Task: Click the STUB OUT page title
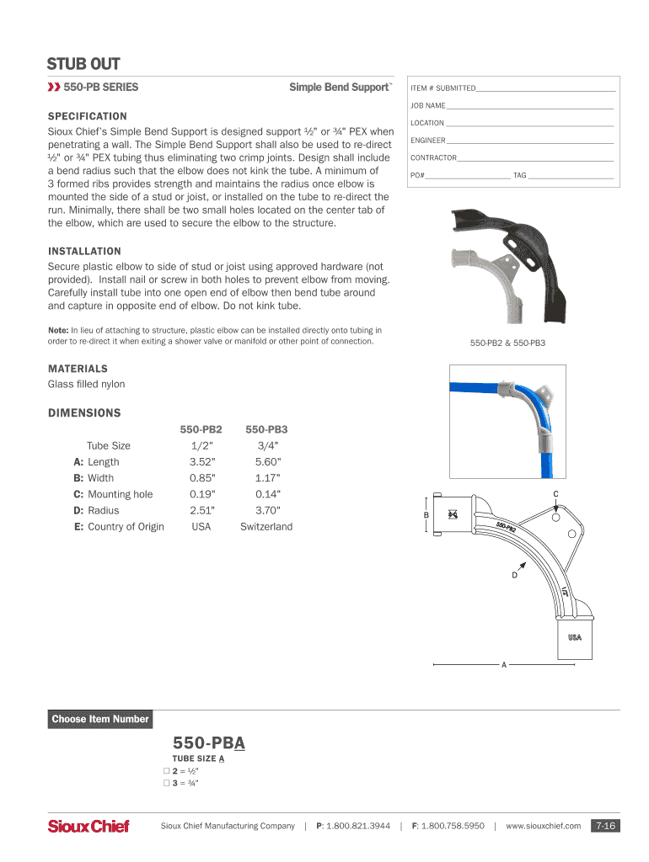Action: pyautogui.click(x=83, y=64)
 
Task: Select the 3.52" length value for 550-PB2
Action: pyautogui.click(x=202, y=462)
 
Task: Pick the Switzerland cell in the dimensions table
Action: pyautogui.click(x=266, y=527)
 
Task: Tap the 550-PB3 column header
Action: pyautogui.click(x=266, y=429)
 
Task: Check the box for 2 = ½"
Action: pyautogui.click(x=166, y=771)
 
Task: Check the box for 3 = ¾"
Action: pyautogui.click(x=166, y=784)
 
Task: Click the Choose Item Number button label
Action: pyautogui.click(x=99, y=719)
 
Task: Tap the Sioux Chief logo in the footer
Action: pyautogui.click(x=88, y=827)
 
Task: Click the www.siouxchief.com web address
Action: pyautogui.click(x=543, y=827)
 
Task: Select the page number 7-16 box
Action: pyautogui.click(x=605, y=827)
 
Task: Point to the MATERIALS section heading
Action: pyautogui.click(x=78, y=369)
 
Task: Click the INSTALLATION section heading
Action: pyautogui.click(x=84, y=251)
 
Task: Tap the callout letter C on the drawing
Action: pyautogui.click(x=555, y=493)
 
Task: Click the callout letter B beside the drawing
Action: pyautogui.click(x=426, y=515)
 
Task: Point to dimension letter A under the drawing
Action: pyautogui.click(x=504, y=665)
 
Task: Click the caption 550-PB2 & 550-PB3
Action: pyautogui.click(x=507, y=343)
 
